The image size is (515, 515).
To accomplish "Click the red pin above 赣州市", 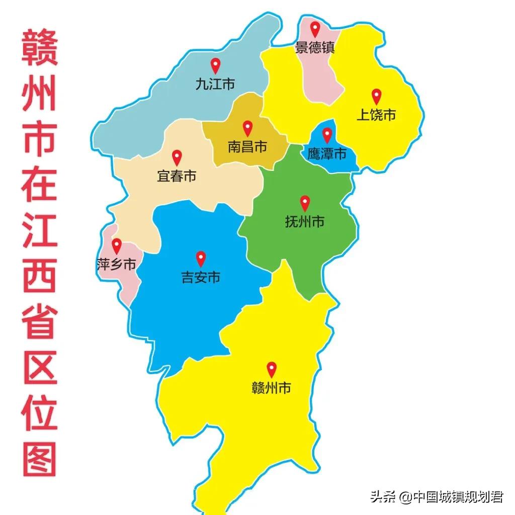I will [272, 369].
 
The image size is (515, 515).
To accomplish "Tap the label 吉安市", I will [201, 277].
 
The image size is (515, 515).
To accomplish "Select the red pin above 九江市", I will [215, 65].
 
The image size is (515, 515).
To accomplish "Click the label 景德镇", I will [315, 48].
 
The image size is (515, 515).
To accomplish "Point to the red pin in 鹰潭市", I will [327, 135].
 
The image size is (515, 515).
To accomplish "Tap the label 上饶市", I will [376, 115].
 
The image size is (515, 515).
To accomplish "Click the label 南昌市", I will [247, 147].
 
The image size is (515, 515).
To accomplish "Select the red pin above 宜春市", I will [177, 157].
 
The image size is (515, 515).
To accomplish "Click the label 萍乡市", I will [116, 264].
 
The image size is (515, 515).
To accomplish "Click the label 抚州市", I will [305, 221].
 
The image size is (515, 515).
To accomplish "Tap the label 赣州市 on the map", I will [272, 388].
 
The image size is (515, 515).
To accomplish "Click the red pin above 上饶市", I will [376, 96].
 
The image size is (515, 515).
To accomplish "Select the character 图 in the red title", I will [39, 459].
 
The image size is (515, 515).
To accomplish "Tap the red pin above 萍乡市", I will [117, 245].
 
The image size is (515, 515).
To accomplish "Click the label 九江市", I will [215, 84].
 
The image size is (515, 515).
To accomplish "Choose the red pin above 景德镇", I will [315, 29].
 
